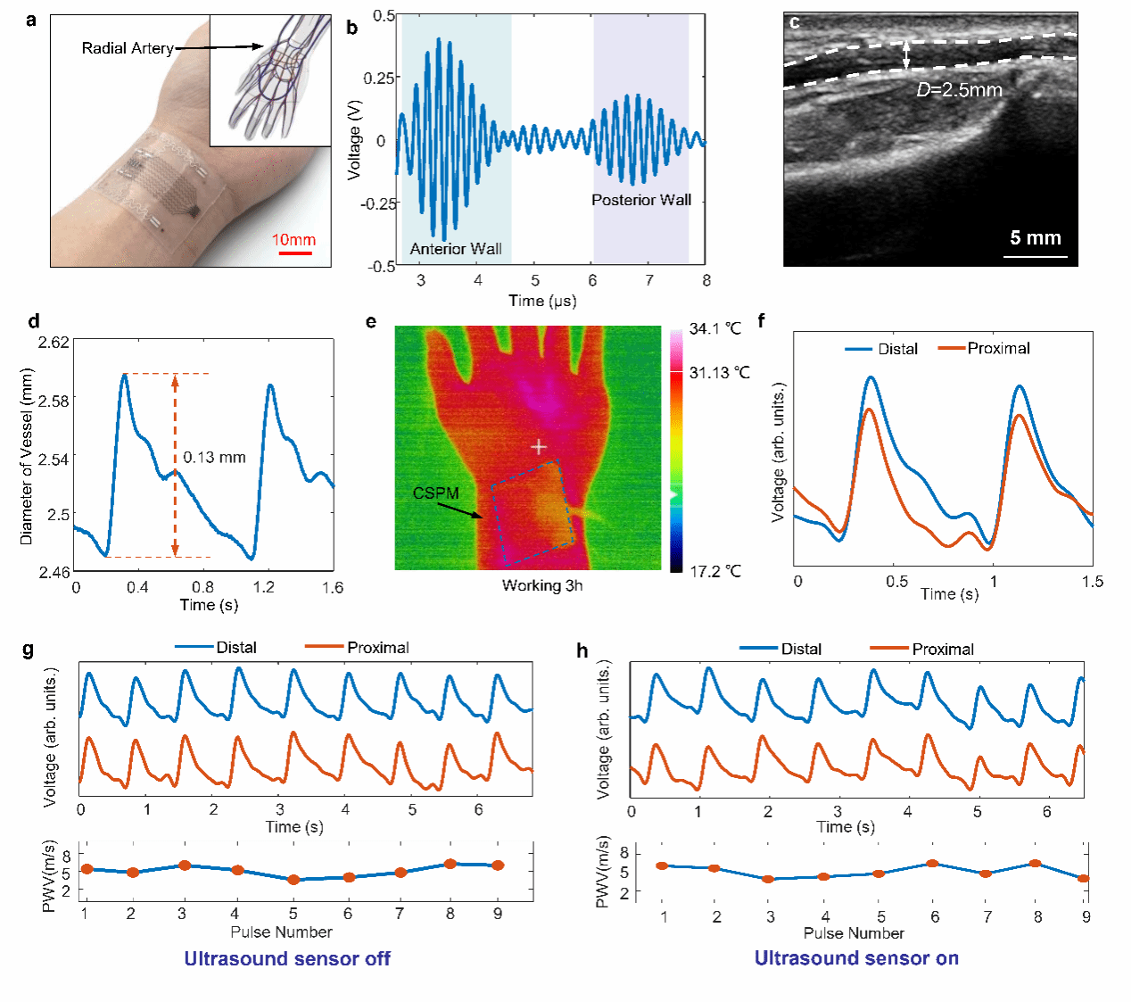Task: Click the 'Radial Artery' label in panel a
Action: (128, 48)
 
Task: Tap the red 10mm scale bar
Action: (294, 253)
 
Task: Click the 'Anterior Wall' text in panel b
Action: (456, 249)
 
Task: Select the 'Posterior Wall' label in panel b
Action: (641, 200)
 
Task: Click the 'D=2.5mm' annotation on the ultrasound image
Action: (959, 90)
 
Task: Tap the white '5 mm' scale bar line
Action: (1035, 257)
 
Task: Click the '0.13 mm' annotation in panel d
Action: (214, 458)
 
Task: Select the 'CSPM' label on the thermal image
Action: (435, 493)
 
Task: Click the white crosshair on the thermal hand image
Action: (539, 446)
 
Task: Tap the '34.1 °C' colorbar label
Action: (714, 329)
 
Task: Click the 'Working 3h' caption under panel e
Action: (541, 586)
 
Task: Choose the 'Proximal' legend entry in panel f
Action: (998, 349)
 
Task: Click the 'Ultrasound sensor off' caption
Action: (287, 959)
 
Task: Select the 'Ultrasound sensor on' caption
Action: (856, 959)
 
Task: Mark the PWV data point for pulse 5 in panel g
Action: (293, 880)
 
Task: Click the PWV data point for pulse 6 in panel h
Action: (933, 864)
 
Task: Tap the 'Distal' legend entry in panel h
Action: (801, 650)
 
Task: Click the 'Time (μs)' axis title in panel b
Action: (542, 301)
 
